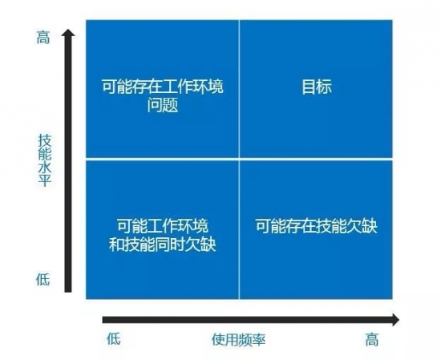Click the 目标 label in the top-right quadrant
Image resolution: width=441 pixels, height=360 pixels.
click(317, 87)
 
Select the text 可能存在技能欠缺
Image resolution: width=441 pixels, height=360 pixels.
click(316, 225)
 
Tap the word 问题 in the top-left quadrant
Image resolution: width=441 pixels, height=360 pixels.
click(163, 105)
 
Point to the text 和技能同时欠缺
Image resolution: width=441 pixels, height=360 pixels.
click(162, 244)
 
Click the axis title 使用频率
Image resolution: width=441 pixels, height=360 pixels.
click(238, 339)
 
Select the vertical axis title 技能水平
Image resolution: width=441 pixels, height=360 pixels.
click(45, 160)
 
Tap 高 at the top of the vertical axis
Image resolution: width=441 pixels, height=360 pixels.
click(43, 37)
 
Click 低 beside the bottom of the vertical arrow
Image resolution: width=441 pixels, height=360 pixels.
click(43, 279)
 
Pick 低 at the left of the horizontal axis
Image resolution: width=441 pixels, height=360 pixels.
click(114, 338)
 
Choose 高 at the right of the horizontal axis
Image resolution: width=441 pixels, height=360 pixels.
click(372, 339)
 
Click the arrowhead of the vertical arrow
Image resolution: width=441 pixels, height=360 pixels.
click(68, 32)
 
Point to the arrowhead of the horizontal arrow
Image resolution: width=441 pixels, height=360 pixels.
click(394, 320)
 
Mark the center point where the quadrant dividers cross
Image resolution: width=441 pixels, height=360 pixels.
click(239, 159)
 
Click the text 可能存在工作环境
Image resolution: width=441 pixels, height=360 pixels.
click(163, 87)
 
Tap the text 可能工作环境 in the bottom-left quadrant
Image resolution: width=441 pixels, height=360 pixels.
click(163, 225)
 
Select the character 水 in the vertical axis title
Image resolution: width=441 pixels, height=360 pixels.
click(45, 168)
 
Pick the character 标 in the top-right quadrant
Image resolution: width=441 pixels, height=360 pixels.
click(324, 87)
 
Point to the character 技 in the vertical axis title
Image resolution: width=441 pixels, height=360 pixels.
click(45, 140)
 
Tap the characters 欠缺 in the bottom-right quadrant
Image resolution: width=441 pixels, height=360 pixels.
click(362, 225)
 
